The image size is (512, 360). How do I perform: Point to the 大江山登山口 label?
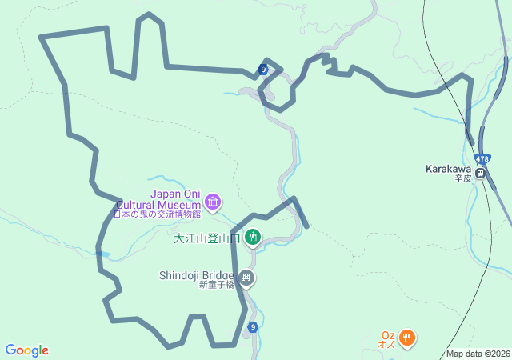[x=207, y=238]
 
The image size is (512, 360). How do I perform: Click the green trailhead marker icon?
[x=253, y=237]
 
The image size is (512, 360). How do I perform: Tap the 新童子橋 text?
[x=217, y=285]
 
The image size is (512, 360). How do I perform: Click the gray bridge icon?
[x=246, y=278]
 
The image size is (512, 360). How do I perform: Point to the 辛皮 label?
[x=464, y=178]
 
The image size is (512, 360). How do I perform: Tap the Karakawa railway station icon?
[x=481, y=172]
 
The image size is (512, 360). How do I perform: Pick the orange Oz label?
[x=388, y=334]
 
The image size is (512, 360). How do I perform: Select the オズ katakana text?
[x=387, y=344]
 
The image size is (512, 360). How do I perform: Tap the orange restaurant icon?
[x=407, y=338]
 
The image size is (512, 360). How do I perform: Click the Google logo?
[x=26, y=350]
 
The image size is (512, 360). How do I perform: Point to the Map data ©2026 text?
[x=478, y=354]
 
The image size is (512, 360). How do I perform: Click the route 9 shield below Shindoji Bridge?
[x=253, y=326]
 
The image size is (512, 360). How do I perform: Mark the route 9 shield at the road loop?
[x=263, y=70]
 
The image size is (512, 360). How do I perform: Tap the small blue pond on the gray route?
[x=103, y=254]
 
